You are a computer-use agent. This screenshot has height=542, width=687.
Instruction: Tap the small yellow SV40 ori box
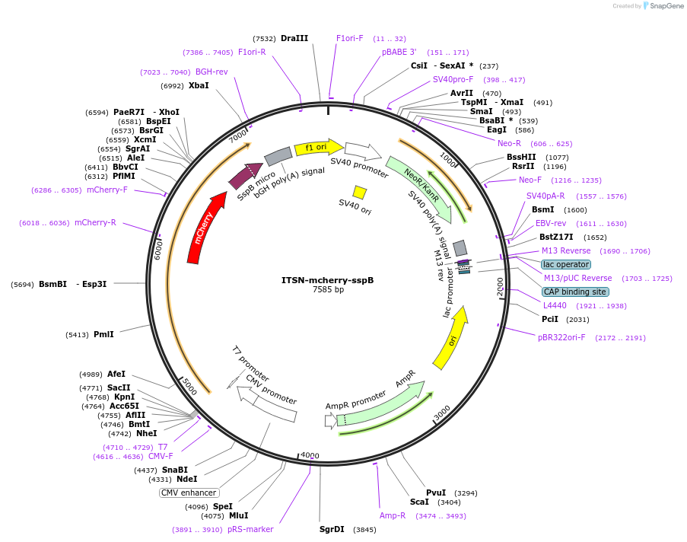[360, 193]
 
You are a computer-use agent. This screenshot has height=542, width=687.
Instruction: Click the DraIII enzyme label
[294, 38]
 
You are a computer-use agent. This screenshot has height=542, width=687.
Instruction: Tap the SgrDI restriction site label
[332, 529]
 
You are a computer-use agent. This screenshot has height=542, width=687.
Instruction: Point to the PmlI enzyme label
[103, 333]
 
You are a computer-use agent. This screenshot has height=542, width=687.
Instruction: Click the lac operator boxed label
[565, 264]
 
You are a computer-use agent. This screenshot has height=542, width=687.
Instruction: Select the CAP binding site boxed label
[575, 292]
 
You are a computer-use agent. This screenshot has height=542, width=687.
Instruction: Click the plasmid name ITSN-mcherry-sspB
[327, 279]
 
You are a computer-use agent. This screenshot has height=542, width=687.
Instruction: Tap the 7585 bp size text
[328, 289]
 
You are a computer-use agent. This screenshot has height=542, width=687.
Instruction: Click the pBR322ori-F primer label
[561, 337]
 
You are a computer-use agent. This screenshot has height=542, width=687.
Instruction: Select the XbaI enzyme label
[199, 85]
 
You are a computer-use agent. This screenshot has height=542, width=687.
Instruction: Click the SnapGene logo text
[662, 6]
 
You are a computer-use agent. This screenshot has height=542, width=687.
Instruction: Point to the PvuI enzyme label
[436, 493]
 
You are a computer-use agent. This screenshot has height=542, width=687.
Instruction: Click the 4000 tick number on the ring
[310, 455]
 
